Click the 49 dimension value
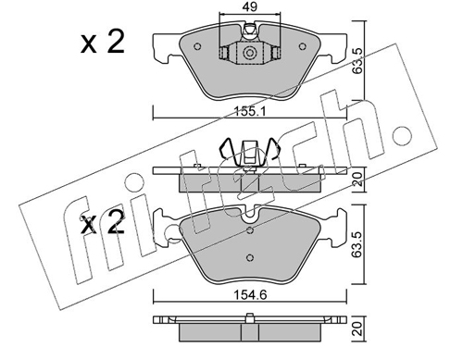250,6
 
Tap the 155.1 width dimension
250,111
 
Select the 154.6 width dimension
250,295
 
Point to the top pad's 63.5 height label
357,60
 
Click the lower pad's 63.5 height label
357,244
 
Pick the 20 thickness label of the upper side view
357,179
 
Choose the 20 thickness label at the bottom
357,329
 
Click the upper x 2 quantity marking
103,43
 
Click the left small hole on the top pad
197,46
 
